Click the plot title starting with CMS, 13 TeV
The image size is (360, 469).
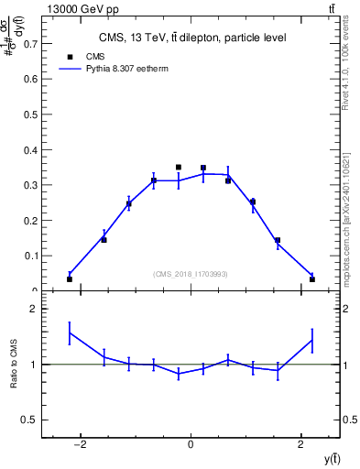(191, 38)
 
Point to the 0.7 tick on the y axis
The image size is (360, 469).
(31, 43)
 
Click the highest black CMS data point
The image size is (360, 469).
(179, 168)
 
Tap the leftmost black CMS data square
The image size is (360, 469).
(70, 278)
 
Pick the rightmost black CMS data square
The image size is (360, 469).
(312, 278)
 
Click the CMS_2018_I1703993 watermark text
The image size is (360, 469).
(191, 274)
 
